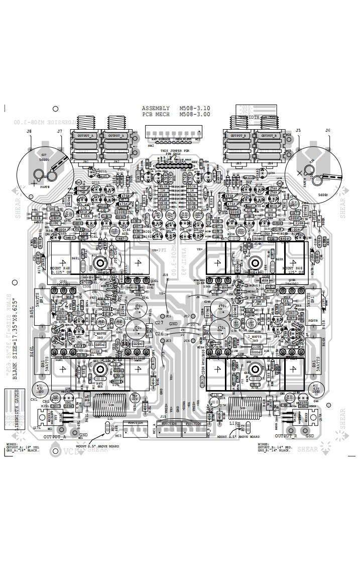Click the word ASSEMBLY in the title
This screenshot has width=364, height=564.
pyautogui.click(x=156, y=109)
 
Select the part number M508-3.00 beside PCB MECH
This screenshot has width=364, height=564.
pyautogui.click(x=194, y=115)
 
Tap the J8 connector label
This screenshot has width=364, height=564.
pyautogui.click(x=29, y=132)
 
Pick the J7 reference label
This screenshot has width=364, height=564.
pyautogui.click(x=59, y=132)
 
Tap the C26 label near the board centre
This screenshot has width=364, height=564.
pyautogui.click(x=160, y=334)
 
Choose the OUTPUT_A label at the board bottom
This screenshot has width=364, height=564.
pyautogui.click(x=55, y=437)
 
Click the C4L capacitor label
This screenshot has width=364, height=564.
pyautogui.click(x=34, y=400)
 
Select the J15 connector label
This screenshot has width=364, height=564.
pyautogui.click(x=163, y=417)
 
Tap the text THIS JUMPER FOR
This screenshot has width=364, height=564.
pyautogui.click(x=175, y=150)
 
